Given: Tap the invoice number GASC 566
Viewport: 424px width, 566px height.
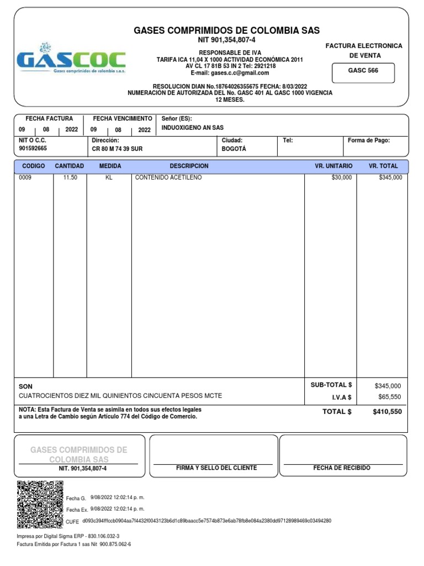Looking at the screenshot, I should (x=363, y=71).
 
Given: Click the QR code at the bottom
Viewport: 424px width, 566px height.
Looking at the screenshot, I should (x=40, y=504).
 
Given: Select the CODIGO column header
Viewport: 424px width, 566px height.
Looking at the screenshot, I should (x=33, y=166).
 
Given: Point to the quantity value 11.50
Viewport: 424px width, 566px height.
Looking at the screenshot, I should (x=70, y=177).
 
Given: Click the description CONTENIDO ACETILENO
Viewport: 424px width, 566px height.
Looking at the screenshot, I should (x=168, y=177).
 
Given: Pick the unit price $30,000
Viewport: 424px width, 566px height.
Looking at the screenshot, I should (x=341, y=177).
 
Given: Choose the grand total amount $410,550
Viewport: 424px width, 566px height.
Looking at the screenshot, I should (x=387, y=412).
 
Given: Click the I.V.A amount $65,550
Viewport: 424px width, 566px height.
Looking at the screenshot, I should (x=390, y=397).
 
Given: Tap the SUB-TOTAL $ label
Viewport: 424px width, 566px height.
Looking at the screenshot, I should (x=331, y=385).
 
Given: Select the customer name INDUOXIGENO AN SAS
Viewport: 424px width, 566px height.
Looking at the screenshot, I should (x=192, y=128).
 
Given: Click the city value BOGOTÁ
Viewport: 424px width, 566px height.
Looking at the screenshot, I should (x=234, y=149).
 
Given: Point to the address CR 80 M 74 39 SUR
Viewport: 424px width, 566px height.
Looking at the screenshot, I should (x=117, y=149).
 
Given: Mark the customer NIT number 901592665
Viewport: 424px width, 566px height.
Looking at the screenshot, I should (x=33, y=149).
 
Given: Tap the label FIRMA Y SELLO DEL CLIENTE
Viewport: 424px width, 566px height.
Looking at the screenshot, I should (x=216, y=468).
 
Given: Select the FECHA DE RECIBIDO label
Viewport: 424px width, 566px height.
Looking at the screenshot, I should (x=342, y=468).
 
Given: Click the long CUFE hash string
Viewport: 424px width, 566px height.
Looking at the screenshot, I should (x=206, y=521).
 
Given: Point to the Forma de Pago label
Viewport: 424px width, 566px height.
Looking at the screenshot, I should (x=368, y=140).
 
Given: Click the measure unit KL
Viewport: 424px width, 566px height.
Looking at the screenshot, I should (x=109, y=177).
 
